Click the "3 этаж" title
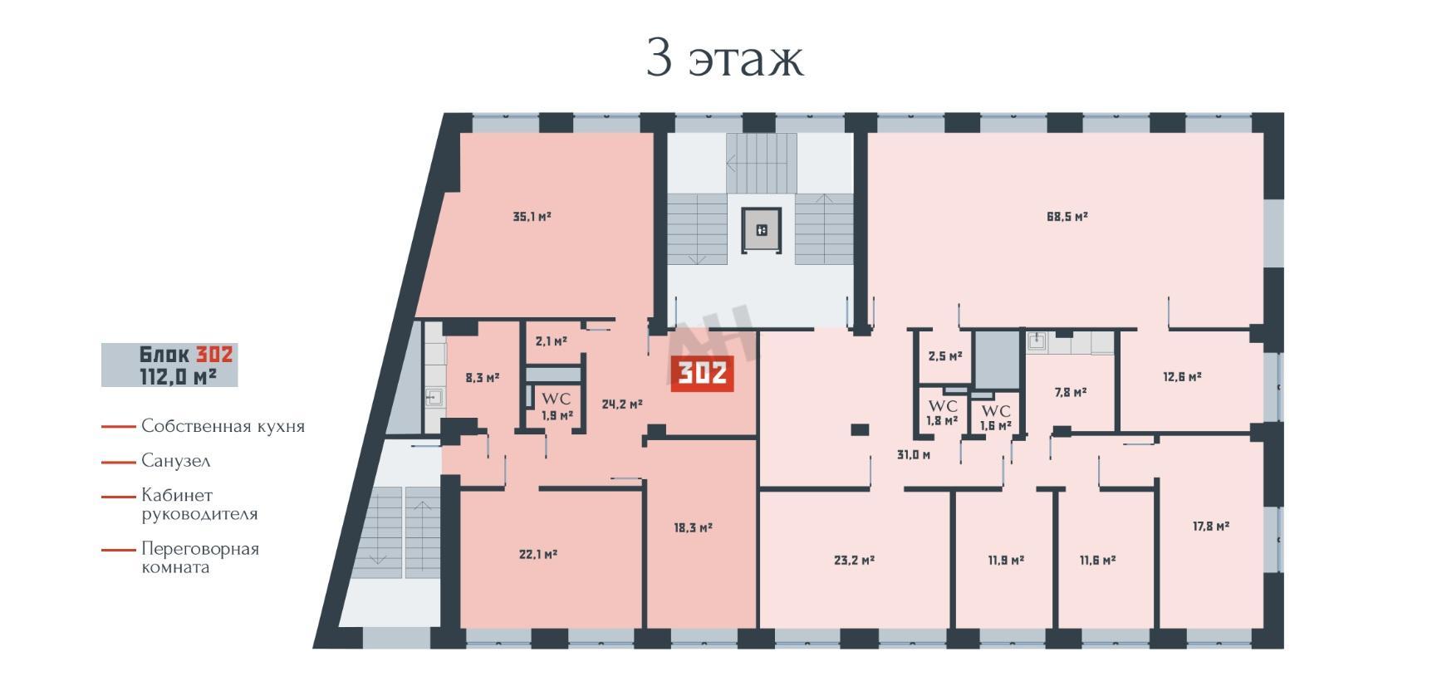coord(725,58)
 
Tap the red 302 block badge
coord(702,374)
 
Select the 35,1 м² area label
coord(532,217)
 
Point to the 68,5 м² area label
coord(1067,217)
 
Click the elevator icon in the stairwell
coord(762,230)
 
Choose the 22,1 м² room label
coord(537,554)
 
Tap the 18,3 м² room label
coord(693,527)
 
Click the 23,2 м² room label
coord(854,561)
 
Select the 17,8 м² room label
coord(1211,526)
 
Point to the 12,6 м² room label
coord(1182,376)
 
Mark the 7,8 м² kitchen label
coord(1071,392)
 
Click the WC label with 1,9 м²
coord(557,407)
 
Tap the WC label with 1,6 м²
coord(996,418)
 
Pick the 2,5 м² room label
coord(945,356)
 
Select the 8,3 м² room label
coord(483,377)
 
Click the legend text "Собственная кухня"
coord(223,426)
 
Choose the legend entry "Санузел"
coord(175,461)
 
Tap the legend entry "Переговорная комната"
coord(199,558)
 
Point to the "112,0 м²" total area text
coord(178,376)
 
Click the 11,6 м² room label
coord(1097,561)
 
